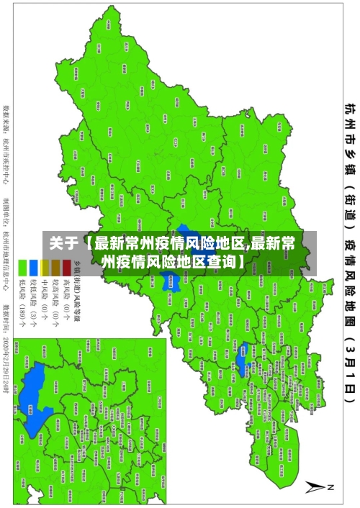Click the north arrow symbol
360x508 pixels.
click(316, 487)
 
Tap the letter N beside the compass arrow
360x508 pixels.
click(330, 487)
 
